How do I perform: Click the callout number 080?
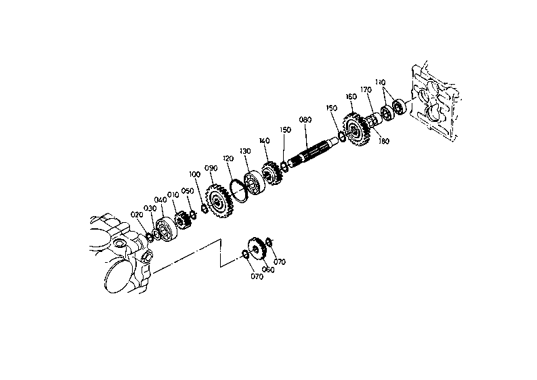(x=305, y=120)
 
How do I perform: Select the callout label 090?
(x=211, y=168)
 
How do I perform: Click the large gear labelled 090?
(x=219, y=201)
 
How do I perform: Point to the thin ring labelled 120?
(x=238, y=190)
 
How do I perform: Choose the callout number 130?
(x=245, y=151)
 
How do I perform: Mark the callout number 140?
(x=264, y=141)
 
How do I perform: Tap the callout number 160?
(x=351, y=97)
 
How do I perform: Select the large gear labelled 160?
(x=356, y=129)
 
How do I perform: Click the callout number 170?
(x=366, y=90)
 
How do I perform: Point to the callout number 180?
(x=383, y=141)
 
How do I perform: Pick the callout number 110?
(x=380, y=82)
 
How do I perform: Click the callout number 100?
(x=194, y=174)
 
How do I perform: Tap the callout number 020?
(x=137, y=215)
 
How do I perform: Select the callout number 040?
(x=160, y=200)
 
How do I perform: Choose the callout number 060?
(x=268, y=270)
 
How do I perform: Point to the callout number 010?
(x=173, y=195)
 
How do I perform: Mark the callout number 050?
(x=188, y=191)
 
